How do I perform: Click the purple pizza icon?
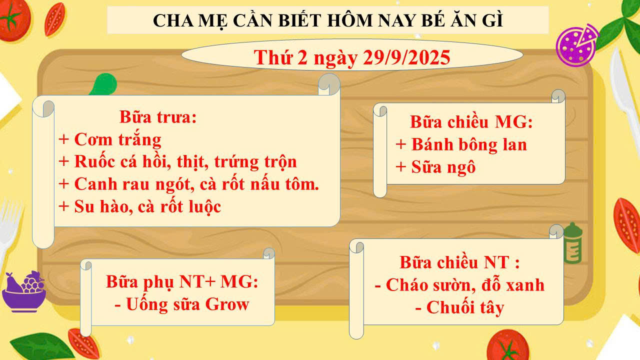point(577,45)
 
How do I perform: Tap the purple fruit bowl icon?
point(24,291)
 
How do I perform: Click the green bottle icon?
point(572,243)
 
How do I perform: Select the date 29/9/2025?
point(406,57)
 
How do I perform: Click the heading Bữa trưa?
point(158,117)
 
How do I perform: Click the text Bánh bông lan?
point(469,144)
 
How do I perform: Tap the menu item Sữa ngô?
point(443,167)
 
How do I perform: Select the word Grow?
point(227,304)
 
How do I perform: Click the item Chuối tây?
point(465,307)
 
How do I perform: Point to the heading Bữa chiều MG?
point(471,122)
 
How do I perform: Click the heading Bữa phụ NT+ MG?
point(182,282)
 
